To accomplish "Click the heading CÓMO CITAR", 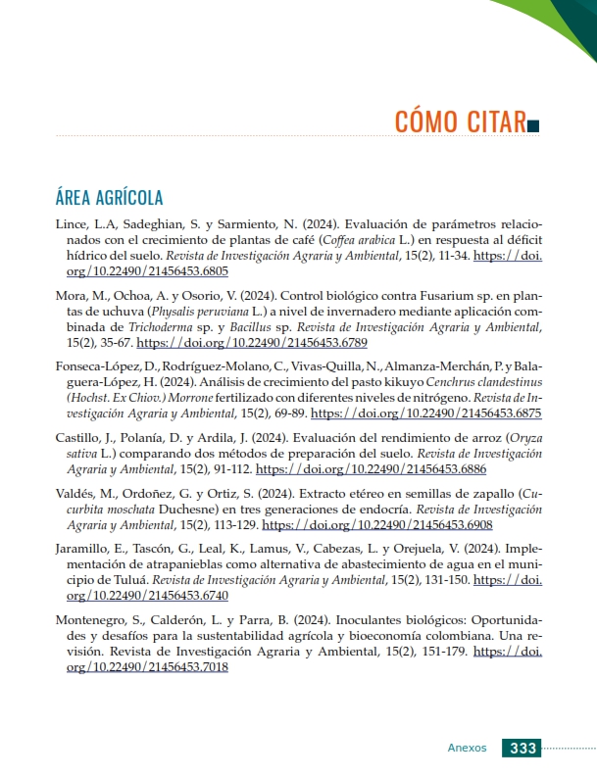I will click(459, 122).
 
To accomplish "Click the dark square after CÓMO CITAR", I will click(533, 124).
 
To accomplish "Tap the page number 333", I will click(522, 748).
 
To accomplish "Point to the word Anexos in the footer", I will click(467, 748).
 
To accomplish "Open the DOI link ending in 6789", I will click(252, 343).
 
